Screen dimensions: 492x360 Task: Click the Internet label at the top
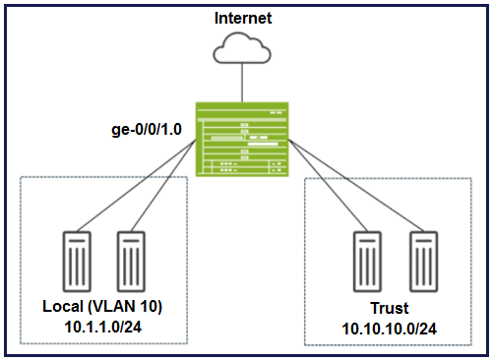click(x=243, y=18)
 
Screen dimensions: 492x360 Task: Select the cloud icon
click(x=242, y=48)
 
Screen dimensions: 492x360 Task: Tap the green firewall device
click(x=242, y=140)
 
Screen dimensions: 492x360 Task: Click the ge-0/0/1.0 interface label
click(x=147, y=130)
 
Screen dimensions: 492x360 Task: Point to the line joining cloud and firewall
click(x=242, y=83)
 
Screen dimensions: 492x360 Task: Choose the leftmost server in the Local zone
click(x=77, y=262)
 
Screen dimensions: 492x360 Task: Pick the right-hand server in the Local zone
click(x=131, y=262)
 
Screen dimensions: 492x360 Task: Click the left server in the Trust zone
click(x=367, y=262)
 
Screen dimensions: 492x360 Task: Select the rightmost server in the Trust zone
click(x=423, y=262)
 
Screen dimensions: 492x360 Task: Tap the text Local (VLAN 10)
click(x=102, y=307)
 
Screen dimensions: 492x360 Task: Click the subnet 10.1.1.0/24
click(x=103, y=327)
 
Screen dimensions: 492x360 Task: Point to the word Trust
click(x=390, y=308)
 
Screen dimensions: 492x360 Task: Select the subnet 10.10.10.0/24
click(x=389, y=329)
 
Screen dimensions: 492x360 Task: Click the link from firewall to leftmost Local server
click(x=137, y=186)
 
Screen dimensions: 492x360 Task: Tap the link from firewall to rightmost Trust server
click(x=356, y=186)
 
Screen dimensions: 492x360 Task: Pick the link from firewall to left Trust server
click(x=328, y=186)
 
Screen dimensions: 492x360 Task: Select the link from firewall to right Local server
click(x=163, y=186)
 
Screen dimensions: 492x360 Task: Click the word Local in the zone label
click(x=63, y=306)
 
